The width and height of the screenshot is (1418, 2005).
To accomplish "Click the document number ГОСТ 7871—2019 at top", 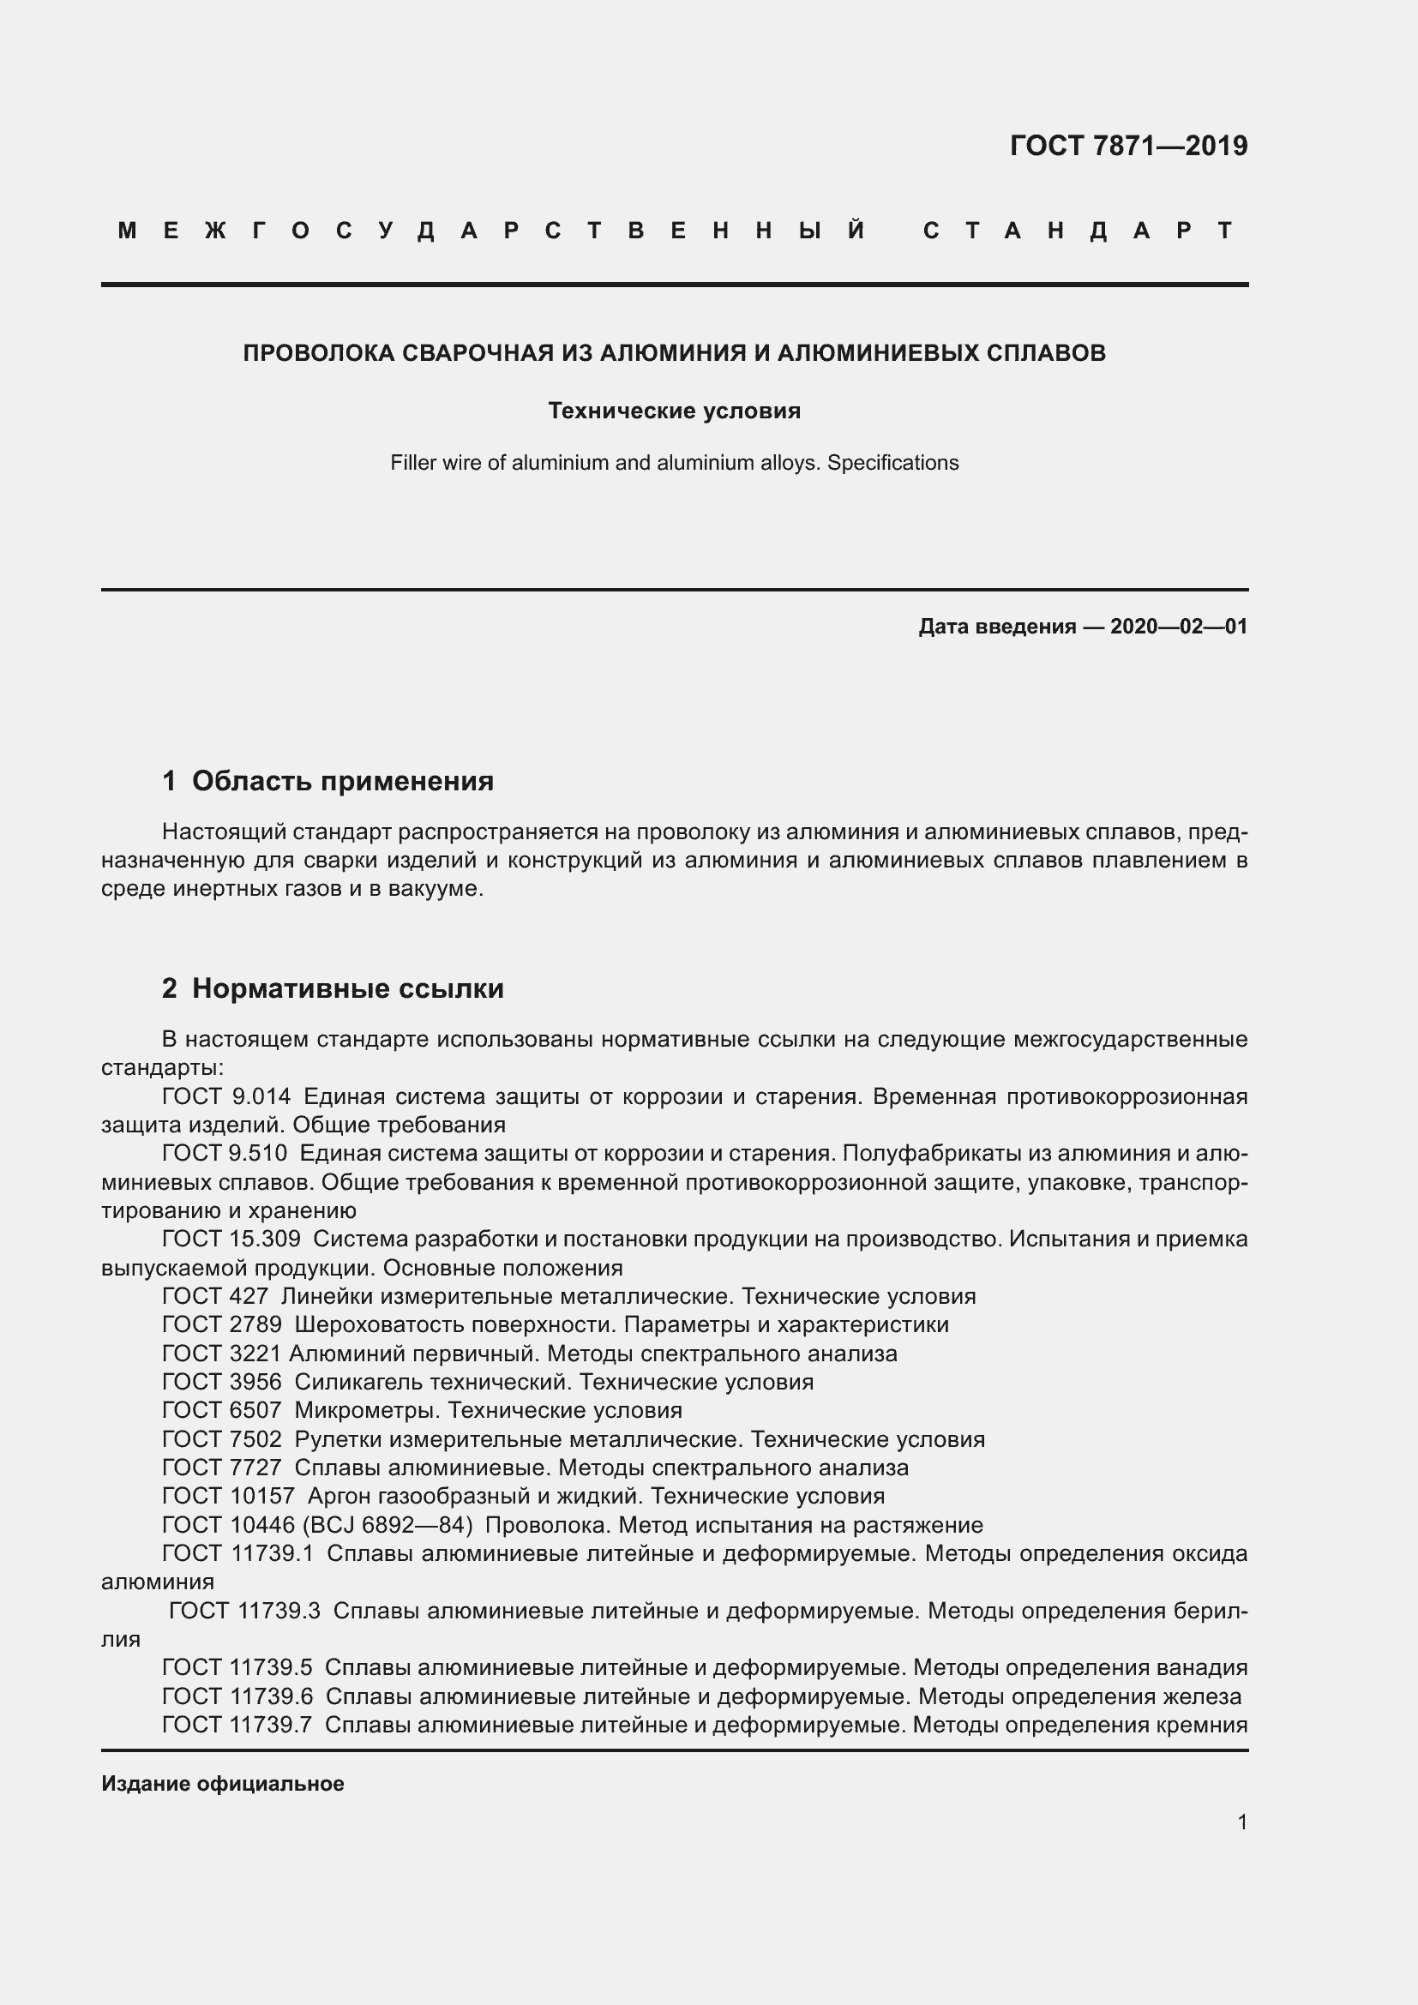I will [1128, 146].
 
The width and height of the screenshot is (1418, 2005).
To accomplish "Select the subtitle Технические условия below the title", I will [674, 411].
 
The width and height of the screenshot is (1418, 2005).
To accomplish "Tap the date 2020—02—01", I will [1179, 626].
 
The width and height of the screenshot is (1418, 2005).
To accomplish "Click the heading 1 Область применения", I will [327, 781].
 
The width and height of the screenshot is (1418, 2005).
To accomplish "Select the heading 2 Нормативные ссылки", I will [333, 988].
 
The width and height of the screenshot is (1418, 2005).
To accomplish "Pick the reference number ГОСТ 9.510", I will [225, 1154].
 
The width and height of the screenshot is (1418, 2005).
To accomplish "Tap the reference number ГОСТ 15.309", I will [231, 1240].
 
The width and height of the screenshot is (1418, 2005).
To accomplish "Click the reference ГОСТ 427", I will [215, 1296].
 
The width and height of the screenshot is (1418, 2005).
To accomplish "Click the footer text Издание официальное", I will [223, 1784].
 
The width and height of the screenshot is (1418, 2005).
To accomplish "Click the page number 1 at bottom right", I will [1241, 1822].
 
